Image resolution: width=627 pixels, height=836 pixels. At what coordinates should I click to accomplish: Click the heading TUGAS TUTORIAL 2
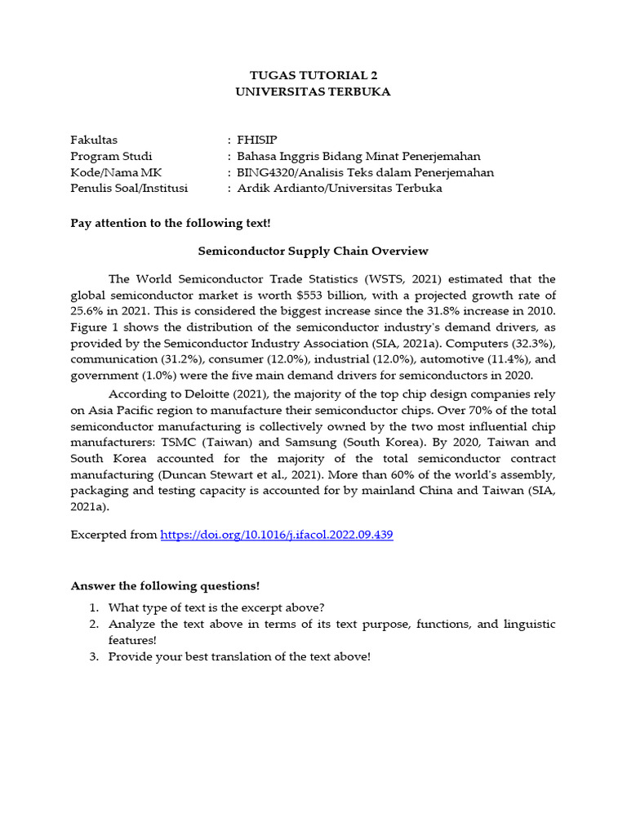click(313, 75)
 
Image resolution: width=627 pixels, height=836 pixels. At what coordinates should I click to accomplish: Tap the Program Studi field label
click(111, 156)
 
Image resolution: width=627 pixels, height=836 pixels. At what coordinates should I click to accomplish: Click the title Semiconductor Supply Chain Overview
click(313, 251)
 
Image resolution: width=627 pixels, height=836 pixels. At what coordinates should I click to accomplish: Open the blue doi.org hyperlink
click(277, 535)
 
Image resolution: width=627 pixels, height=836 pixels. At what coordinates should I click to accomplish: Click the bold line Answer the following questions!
click(165, 585)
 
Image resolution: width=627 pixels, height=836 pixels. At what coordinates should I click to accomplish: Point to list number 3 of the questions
click(95, 656)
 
